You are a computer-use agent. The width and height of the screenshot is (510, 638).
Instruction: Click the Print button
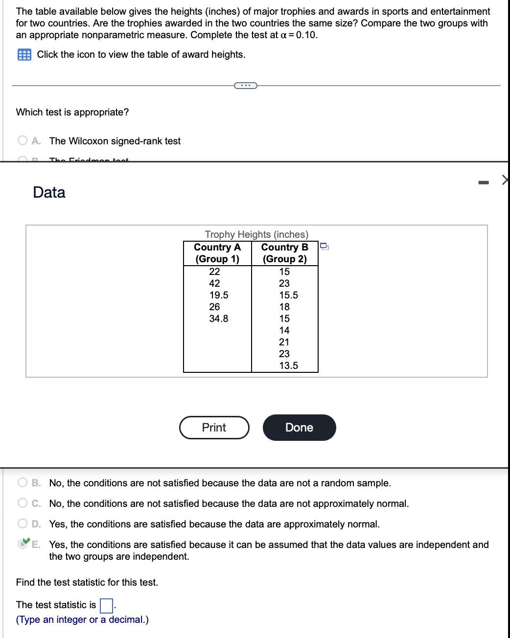[214, 428]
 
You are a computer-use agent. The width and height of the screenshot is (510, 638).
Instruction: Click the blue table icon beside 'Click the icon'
[24, 55]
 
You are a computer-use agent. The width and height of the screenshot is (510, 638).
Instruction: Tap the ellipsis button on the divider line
[245, 86]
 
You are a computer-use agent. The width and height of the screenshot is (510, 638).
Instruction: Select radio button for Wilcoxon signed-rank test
[23, 141]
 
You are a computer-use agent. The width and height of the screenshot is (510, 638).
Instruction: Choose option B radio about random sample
[23, 483]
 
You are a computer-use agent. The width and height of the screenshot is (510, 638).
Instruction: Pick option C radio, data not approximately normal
[23, 503]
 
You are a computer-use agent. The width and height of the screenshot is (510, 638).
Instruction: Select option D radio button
[23, 524]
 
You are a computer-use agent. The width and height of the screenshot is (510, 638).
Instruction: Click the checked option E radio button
[23, 544]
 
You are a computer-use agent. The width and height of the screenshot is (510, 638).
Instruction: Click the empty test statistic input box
[106, 606]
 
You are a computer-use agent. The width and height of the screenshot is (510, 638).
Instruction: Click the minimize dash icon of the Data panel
[483, 182]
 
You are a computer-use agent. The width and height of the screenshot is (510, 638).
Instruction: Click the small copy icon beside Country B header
[324, 246]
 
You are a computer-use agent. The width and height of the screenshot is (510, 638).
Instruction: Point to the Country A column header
[217, 253]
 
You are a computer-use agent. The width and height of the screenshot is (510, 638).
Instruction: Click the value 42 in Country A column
[214, 283]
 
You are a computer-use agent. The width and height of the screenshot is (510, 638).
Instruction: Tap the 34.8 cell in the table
[218, 319]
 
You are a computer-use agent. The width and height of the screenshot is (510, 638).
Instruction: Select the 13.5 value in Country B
[288, 365]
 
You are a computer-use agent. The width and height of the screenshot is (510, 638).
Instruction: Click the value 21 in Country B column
[284, 342]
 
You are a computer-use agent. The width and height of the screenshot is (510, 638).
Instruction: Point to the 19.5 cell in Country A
[218, 295]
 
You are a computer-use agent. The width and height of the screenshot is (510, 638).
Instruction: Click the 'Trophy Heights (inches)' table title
[256, 234]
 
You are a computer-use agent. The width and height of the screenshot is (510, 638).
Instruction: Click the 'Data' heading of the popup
[49, 192]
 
